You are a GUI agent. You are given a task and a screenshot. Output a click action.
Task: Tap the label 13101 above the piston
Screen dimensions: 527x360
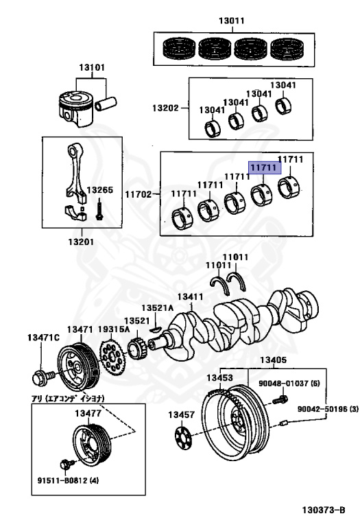click(91, 69)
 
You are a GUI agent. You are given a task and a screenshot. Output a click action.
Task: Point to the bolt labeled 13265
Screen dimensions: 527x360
click(101, 209)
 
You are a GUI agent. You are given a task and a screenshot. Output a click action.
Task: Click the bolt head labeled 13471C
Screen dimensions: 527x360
click(40, 377)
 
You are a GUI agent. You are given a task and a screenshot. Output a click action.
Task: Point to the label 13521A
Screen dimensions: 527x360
click(158, 308)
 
